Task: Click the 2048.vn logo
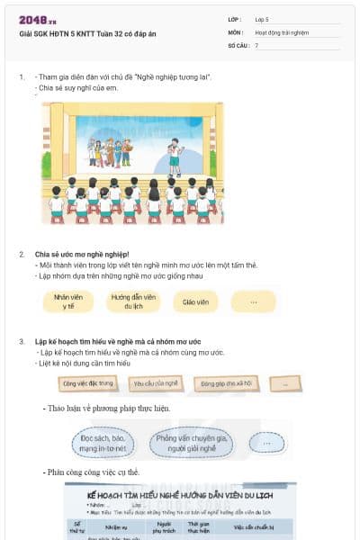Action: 37,20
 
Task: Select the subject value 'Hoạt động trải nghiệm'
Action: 282,31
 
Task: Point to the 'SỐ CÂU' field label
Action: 238,44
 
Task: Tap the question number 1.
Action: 22,77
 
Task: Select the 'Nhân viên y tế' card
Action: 69,301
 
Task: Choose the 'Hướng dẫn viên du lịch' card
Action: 133,301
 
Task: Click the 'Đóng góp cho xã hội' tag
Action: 226,382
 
